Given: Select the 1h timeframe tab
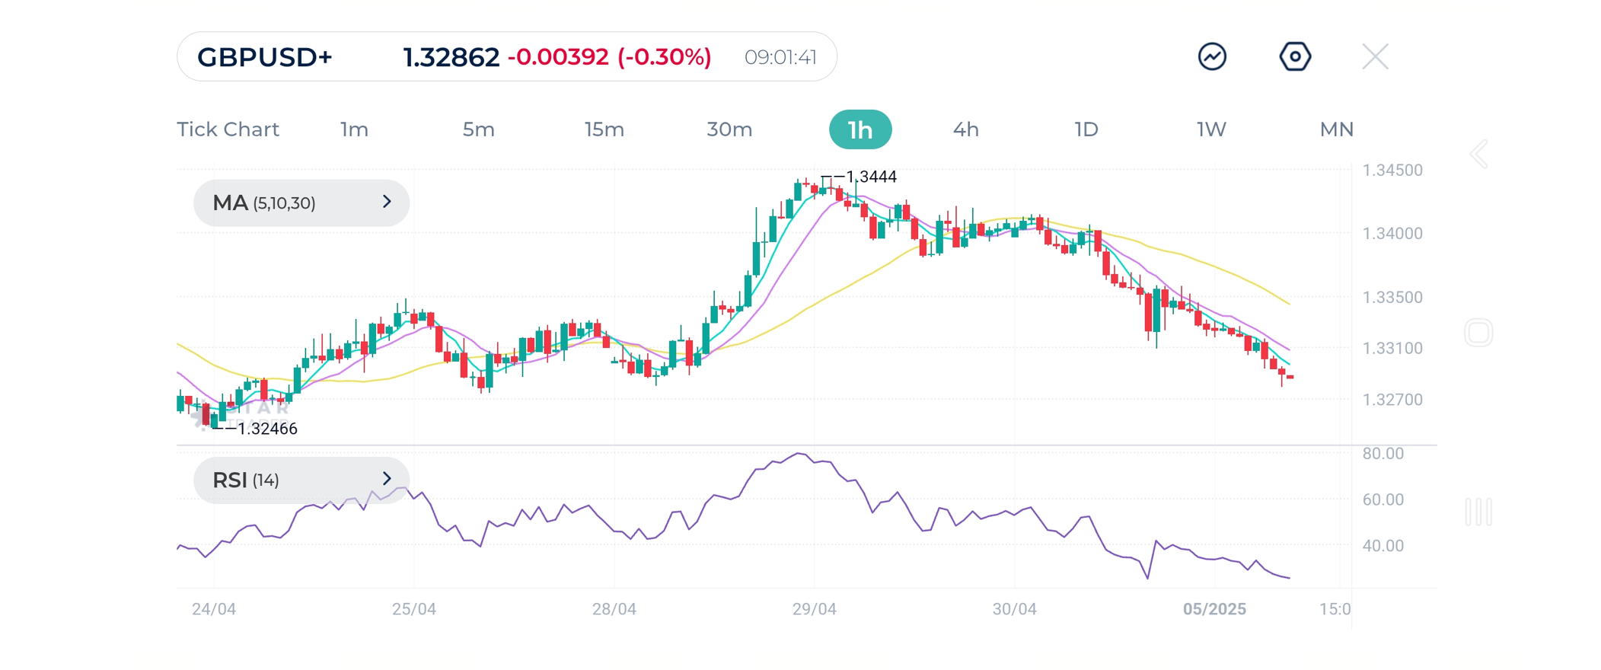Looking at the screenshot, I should (860, 129).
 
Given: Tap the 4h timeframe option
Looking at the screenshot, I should (965, 129).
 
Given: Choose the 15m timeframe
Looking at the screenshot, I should (604, 129).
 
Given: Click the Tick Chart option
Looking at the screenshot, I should (228, 129).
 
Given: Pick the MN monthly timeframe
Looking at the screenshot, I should (1336, 129).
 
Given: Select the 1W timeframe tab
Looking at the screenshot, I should (1211, 129).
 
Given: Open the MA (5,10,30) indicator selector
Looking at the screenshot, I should (301, 203).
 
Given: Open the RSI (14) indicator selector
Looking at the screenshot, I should (301, 480).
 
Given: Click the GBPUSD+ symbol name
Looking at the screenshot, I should (265, 57).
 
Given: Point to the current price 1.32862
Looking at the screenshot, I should (451, 57).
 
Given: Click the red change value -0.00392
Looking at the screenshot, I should (558, 57).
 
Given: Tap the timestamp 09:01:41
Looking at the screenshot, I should (780, 57).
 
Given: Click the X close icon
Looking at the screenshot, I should (1375, 56).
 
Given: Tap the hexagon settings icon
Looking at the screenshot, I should (1294, 56).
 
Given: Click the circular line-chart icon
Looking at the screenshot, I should (1212, 56).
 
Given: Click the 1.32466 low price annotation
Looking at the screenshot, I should (266, 429).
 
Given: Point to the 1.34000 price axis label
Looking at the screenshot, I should (1392, 234).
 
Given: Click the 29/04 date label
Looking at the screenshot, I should (814, 609).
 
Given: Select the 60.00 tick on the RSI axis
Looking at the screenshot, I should (1383, 499).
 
